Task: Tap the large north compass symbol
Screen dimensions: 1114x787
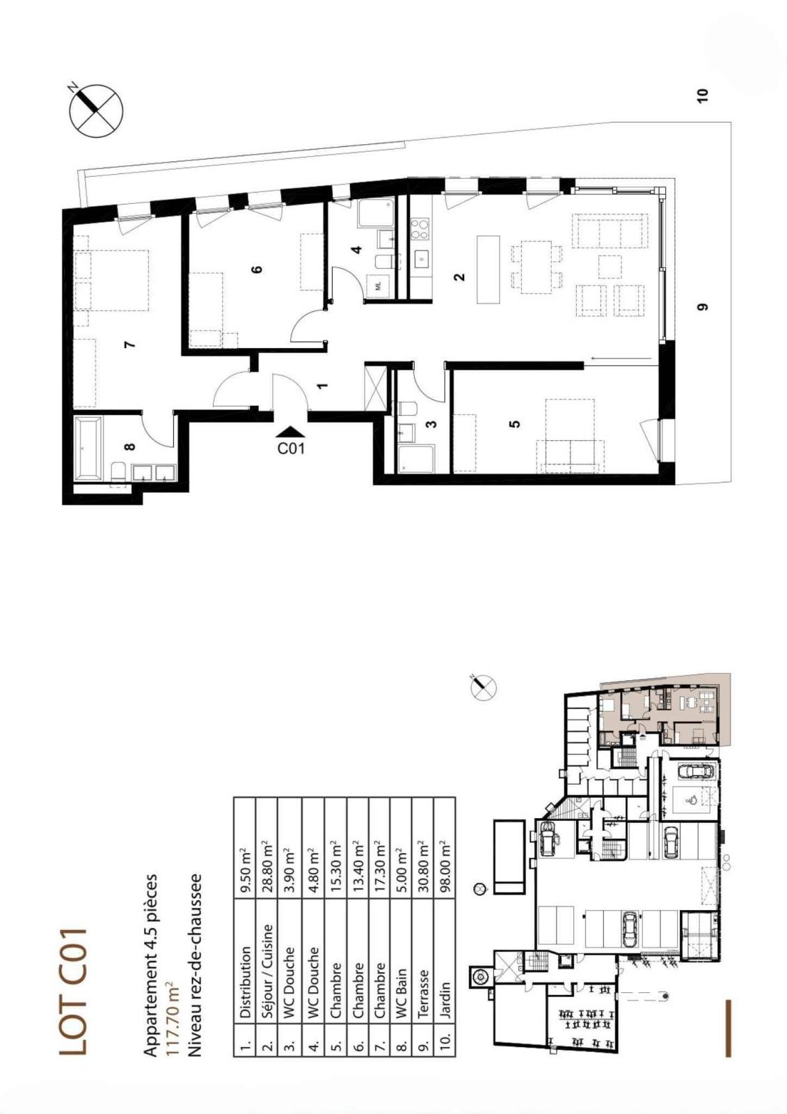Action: (x=96, y=111)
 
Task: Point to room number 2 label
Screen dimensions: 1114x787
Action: (x=459, y=277)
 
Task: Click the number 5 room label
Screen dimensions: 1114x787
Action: (x=515, y=423)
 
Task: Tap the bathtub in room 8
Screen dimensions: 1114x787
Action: (x=88, y=448)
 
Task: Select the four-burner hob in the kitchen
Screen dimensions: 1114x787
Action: (x=420, y=229)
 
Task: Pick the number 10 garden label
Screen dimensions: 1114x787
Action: (x=702, y=95)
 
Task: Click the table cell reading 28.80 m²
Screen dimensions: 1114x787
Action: (x=267, y=866)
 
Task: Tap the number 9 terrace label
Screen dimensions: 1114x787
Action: (x=702, y=306)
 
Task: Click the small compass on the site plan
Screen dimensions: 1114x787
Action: (x=483, y=687)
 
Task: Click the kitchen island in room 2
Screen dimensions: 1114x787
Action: (x=488, y=269)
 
